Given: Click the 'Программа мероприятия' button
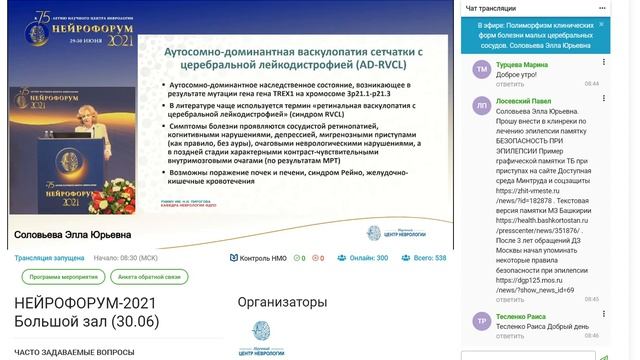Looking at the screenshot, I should click(55, 276).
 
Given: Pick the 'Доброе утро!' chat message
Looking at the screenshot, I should click(519, 74).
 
